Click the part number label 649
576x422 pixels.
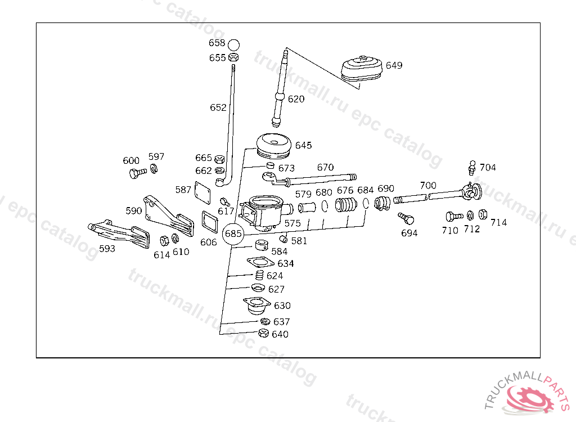click(394, 66)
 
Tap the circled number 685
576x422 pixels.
click(233, 233)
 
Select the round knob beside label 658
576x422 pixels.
click(234, 44)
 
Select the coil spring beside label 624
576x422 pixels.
click(259, 275)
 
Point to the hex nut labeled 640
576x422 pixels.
click(263, 334)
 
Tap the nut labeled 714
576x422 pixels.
click(483, 214)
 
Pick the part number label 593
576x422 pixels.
click(107, 248)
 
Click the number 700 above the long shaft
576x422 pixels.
click(428, 185)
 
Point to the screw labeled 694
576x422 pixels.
click(406, 217)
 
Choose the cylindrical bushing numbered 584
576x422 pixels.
click(261, 245)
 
